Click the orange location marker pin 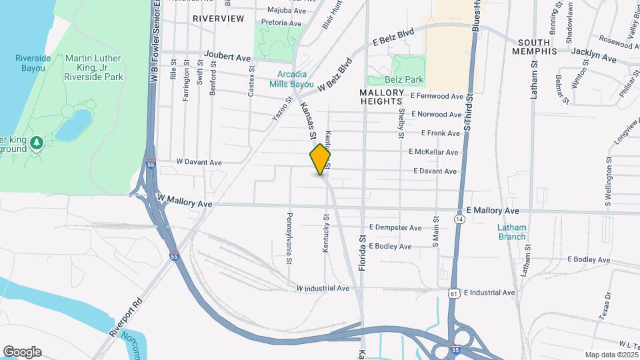pyautogui.click(x=320, y=159)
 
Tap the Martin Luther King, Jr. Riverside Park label pyautogui.click(x=94, y=67)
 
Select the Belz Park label pyautogui.click(x=409, y=79)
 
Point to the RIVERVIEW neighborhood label pyautogui.click(x=219, y=19)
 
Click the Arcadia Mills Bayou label pyautogui.click(x=291, y=79)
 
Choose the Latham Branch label pyautogui.click(x=512, y=231)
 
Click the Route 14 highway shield pyautogui.click(x=459, y=219)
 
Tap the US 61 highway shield pyautogui.click(x=455, y=293)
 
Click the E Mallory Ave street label pyautogui.click(x=493, y=210)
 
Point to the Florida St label pyautogui.click(x=363, y=247)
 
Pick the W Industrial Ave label pyautogui.click(x=323, y=288)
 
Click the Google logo pyautogui.click(x=22, y=351)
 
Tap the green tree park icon pyautogui.click(x=38, y=142)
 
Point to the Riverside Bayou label pyautogui.click(x=33, y=63)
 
